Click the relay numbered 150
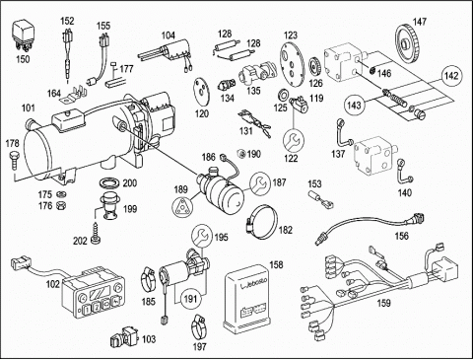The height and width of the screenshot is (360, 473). pos(23,36)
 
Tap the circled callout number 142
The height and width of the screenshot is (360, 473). pos(451,76)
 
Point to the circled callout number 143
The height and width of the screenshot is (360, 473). pos(355,106)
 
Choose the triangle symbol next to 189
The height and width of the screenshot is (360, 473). pos(181,207)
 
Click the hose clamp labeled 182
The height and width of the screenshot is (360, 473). pos(261,221)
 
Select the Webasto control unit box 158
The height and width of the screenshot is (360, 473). pos(246,299)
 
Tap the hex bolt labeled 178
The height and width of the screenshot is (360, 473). pos(14,160)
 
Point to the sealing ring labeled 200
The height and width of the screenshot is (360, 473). pos(110,182)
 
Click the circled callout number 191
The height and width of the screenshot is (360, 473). pos(190,299)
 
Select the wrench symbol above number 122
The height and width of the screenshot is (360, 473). pos(294,140)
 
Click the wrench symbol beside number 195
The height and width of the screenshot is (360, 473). pos(202,235)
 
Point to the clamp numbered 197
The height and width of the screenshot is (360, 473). pos(198,326)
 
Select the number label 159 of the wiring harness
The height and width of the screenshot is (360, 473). pos(383,303)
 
